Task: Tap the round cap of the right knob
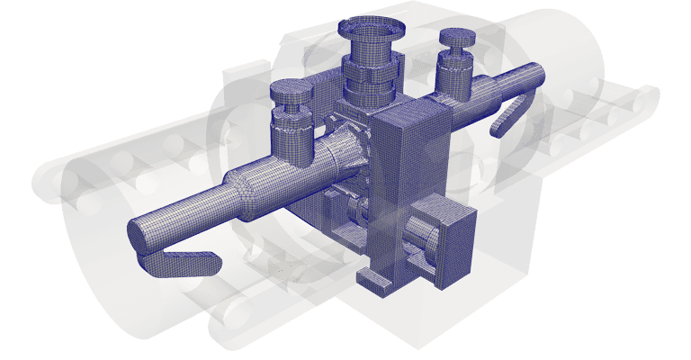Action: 455,39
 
